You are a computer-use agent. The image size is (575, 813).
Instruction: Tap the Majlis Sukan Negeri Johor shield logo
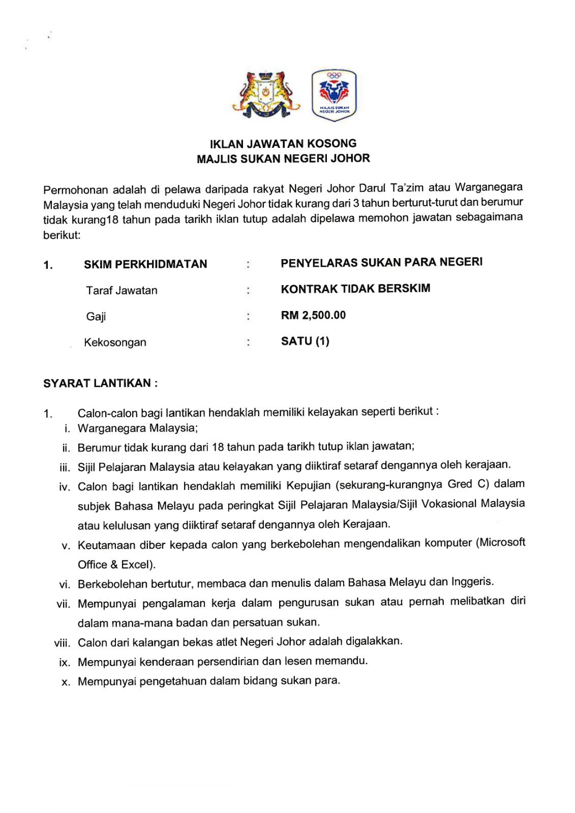[x=334, y=96]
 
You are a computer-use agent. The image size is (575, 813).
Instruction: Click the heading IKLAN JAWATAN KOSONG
[x=283, y=144]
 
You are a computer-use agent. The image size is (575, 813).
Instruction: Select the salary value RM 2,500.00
[x=313, y=316]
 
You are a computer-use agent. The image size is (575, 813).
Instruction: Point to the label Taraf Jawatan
[x=122, y=291]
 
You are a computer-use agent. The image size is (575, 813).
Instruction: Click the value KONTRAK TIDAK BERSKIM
[x=355, y=289]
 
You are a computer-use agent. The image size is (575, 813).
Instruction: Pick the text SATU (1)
[x=305, y=341]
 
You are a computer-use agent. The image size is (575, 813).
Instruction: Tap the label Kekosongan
[x=115, y=342]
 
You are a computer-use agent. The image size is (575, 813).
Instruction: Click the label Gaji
[x=96, y=317]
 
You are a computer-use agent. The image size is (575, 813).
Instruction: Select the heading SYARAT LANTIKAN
[x=100, y=383]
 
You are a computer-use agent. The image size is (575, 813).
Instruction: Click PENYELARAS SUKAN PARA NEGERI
[x=381, y=262]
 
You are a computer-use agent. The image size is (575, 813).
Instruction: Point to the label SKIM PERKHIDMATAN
[x=145, y=264]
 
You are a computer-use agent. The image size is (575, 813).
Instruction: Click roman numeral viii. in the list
[x=62, y=643]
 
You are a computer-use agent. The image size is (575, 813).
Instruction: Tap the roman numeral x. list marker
[x=66, y=682]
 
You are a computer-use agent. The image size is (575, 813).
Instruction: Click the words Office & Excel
[x=116, y=565]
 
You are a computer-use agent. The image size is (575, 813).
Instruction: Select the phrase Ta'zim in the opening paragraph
[x=406, y=188]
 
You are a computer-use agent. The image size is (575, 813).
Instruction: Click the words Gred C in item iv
[x=468, y=484]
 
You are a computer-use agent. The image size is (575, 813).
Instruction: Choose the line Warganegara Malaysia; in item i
[x=138, y=428]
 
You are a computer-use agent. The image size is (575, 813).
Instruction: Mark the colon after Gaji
[x=248, y=317]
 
